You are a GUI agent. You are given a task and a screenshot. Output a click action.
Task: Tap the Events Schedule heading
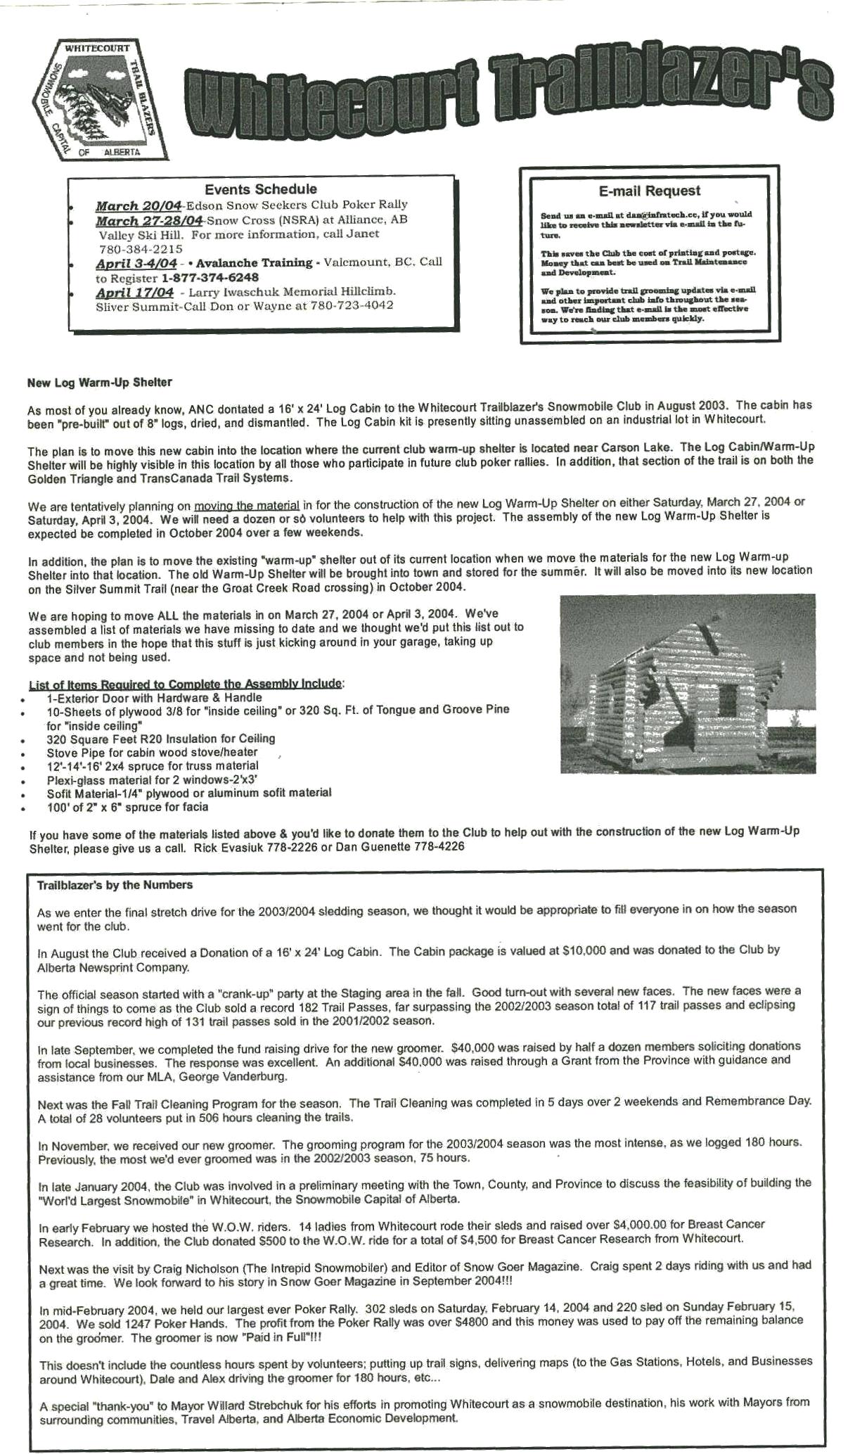coord(260,189)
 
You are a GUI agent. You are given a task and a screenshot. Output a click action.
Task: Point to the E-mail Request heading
coord(649,191)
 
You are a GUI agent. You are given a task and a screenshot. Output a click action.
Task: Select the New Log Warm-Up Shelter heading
coord(99,383)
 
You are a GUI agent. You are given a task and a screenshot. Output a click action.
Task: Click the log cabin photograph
coord(688,683)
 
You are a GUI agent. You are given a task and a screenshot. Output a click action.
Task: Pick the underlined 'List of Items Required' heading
coord(186,684)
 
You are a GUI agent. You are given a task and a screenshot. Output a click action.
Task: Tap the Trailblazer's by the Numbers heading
coord(115,885)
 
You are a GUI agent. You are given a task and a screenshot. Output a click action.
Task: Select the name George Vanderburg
coord(232,1077)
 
